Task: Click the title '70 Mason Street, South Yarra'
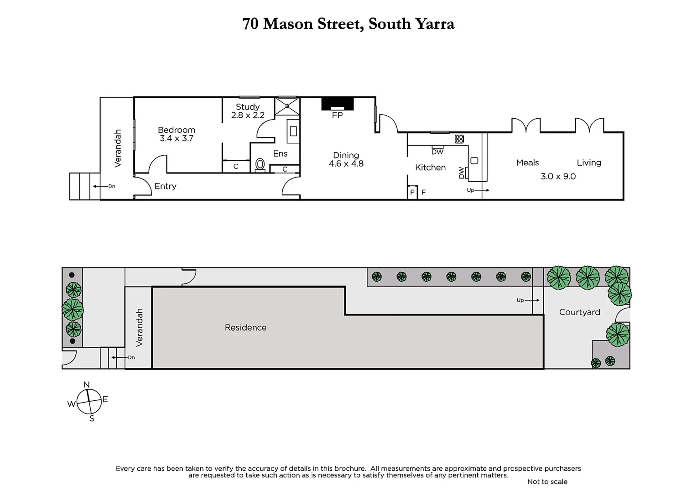tap(348, 24)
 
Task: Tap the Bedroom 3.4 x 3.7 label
tap(177, 134)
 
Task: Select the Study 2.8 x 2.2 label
tap(248, 111)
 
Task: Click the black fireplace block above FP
tap(338, 104)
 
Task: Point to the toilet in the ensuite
tap(260, 164)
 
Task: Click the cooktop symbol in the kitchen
tap(459, 139)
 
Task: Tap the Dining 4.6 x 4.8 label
tap(346, 159)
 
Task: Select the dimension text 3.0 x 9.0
tap(558, 176)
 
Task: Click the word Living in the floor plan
tap(588, 163)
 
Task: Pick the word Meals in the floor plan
tap(527, 163)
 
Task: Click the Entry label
tap(165, 186)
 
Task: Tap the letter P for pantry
tap(412, 193)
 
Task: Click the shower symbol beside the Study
tap(287, 106)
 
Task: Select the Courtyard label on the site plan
tap(579, 312)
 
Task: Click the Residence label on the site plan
tap(245, 327)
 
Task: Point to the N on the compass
tap(87, 385)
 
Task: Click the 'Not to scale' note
tap(547, 482)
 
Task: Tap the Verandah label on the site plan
tap(140, 327)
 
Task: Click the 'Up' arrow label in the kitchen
tap(471, 190)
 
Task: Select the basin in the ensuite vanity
tap(293, 131)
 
